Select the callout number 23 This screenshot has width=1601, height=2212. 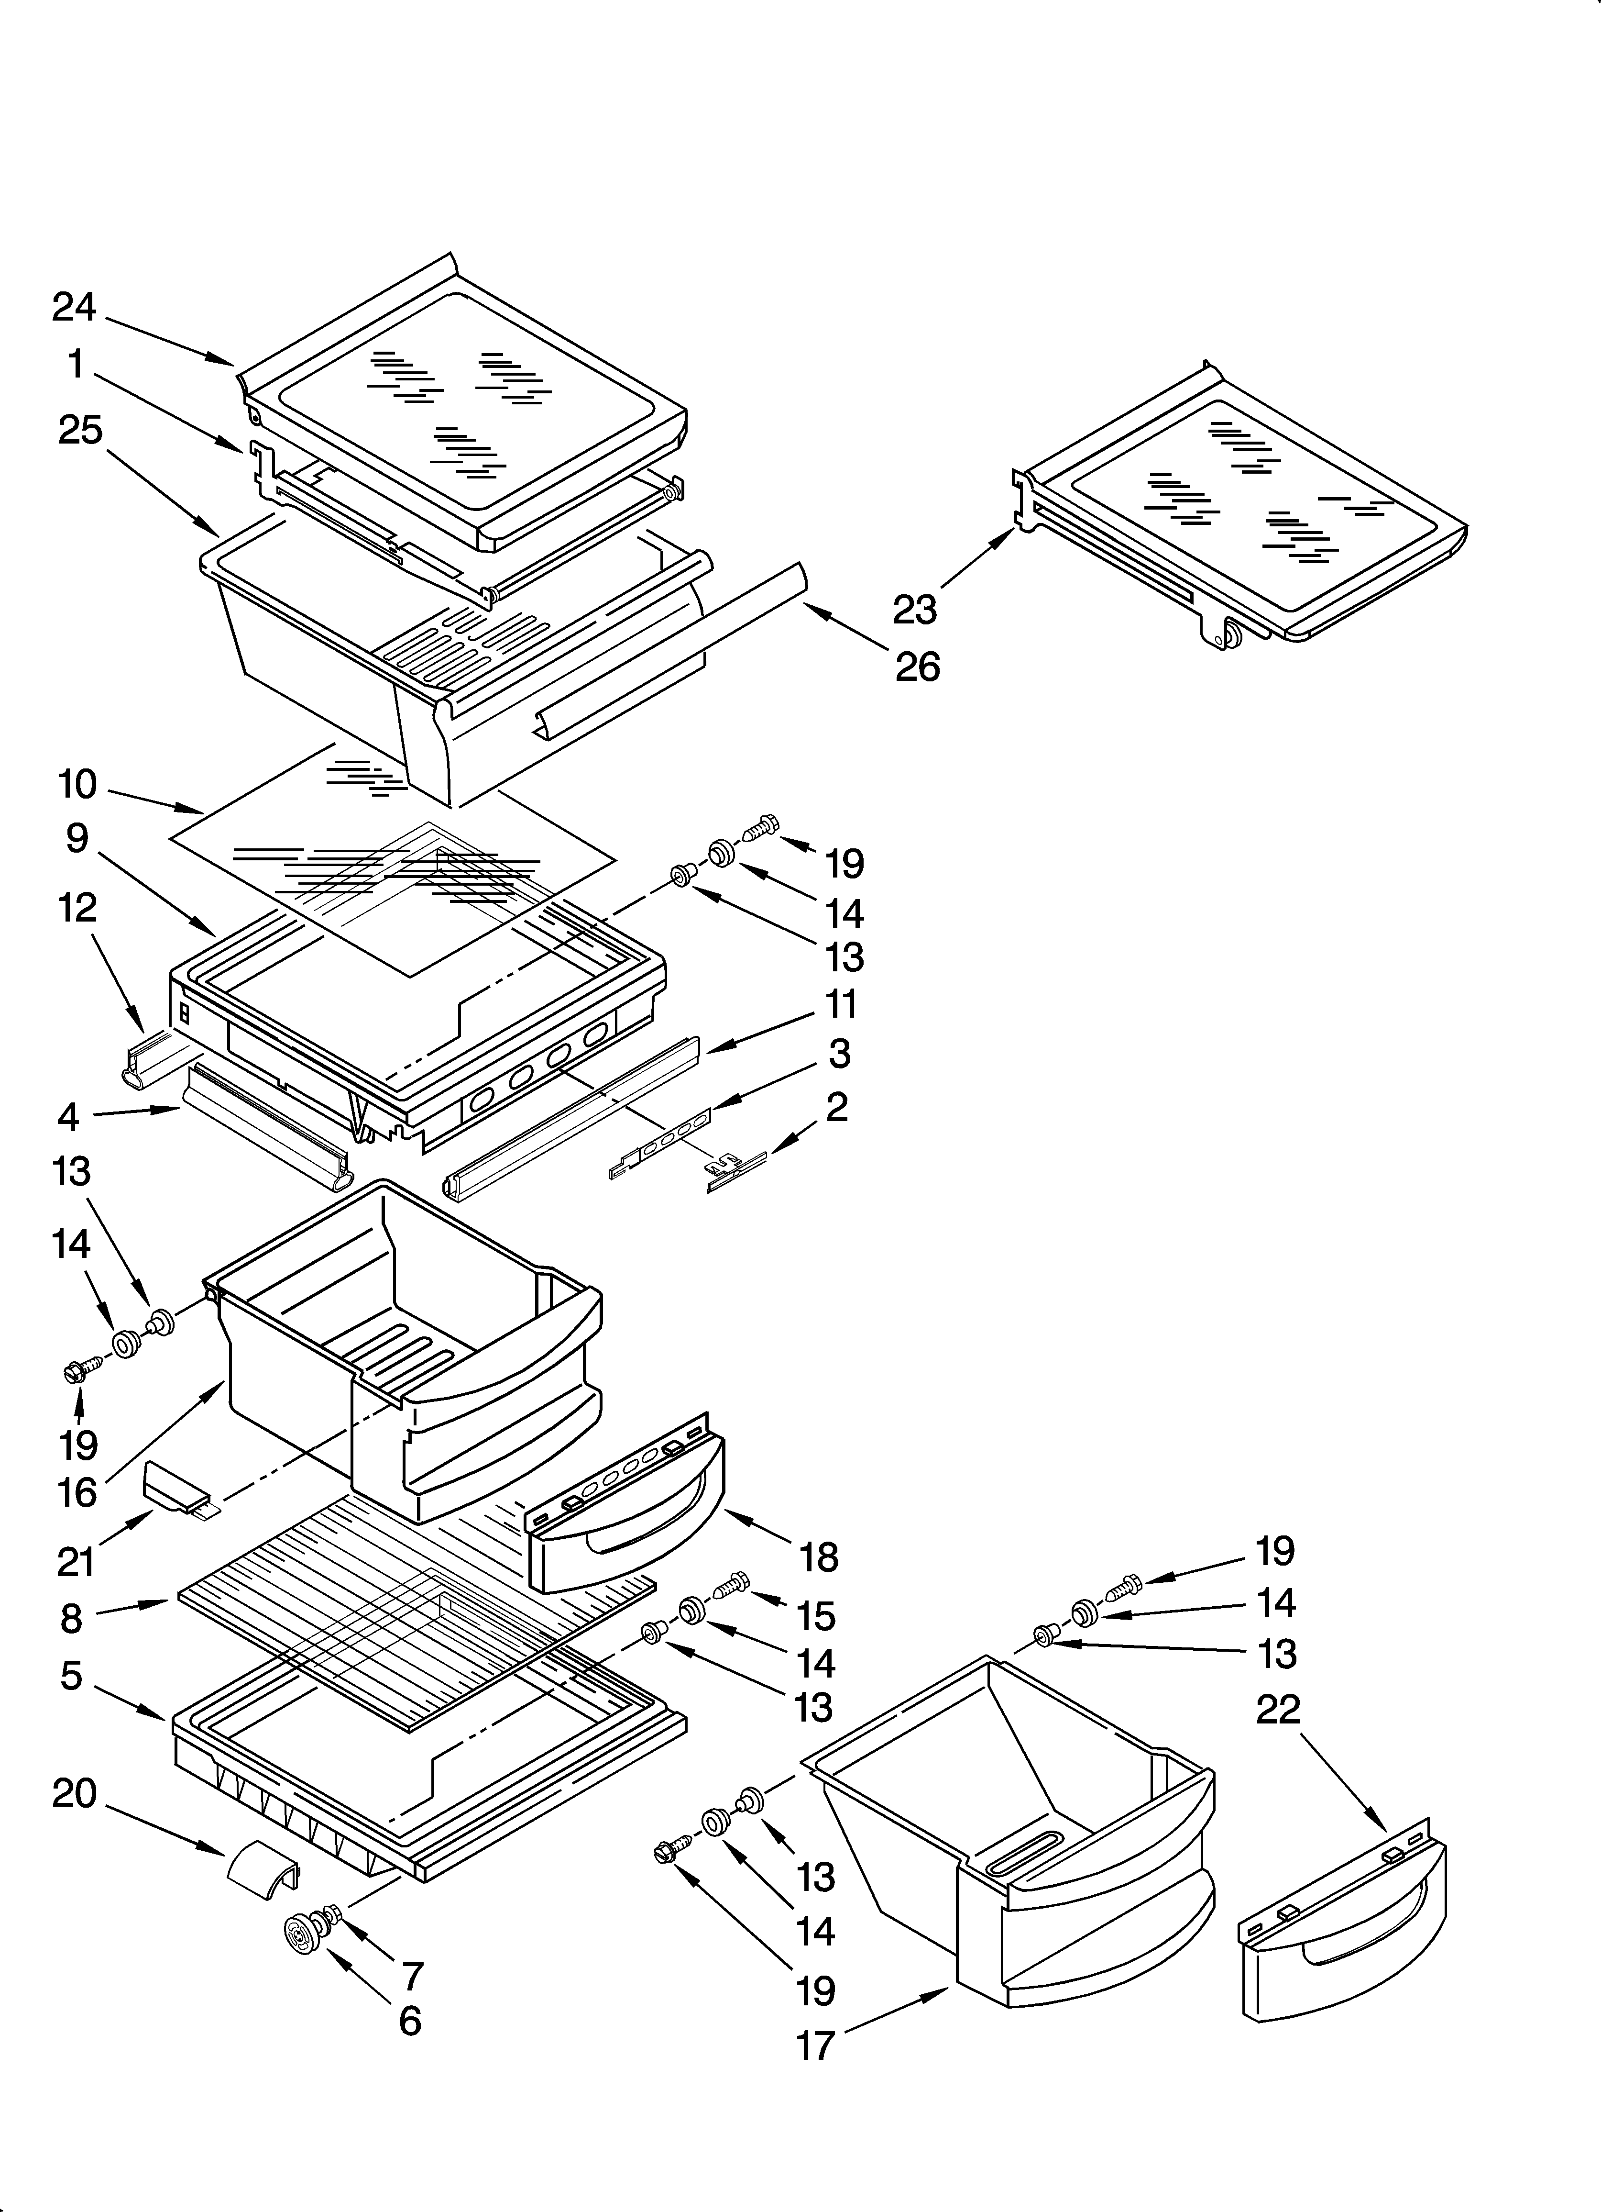915,610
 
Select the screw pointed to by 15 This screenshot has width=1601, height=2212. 732,1585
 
